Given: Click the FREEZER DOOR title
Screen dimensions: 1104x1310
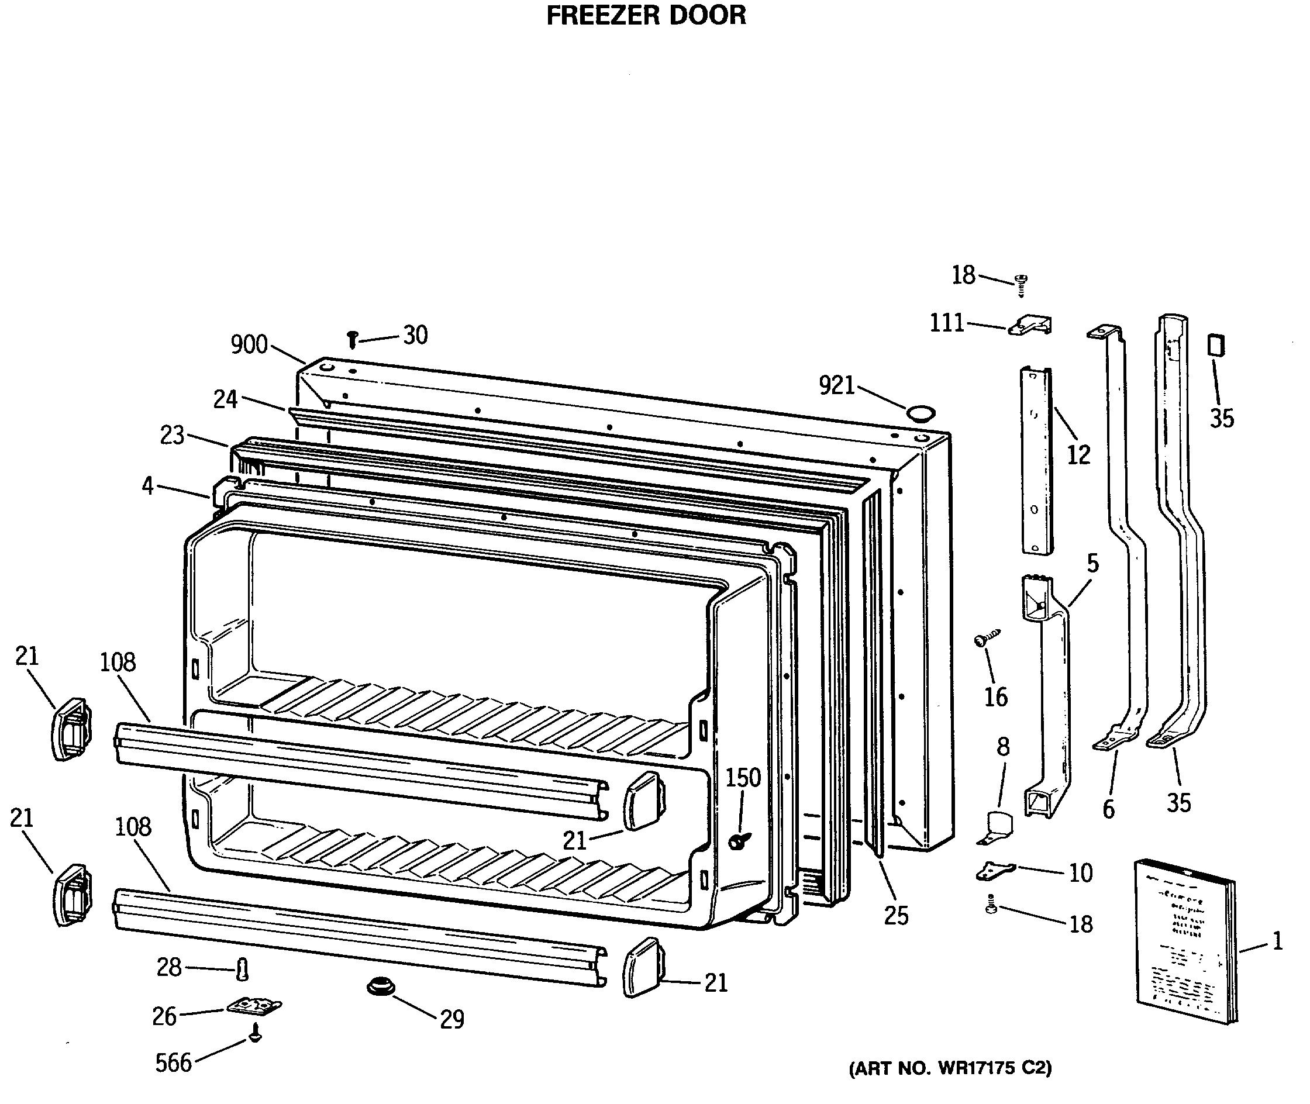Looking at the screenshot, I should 646,16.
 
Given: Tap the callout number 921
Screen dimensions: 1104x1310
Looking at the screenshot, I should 837,385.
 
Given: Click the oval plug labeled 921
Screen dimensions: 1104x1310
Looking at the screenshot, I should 921,413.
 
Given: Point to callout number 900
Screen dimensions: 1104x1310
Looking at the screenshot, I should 249,345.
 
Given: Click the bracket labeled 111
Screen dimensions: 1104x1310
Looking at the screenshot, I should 1031,325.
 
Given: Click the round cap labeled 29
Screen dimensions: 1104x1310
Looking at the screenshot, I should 381,988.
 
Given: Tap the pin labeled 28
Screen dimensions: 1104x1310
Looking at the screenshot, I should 242,970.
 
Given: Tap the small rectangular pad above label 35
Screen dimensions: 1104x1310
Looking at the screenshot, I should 1215,345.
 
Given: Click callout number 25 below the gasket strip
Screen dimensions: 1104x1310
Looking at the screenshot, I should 897,916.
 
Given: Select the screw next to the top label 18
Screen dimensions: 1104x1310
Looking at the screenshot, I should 1021,284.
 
